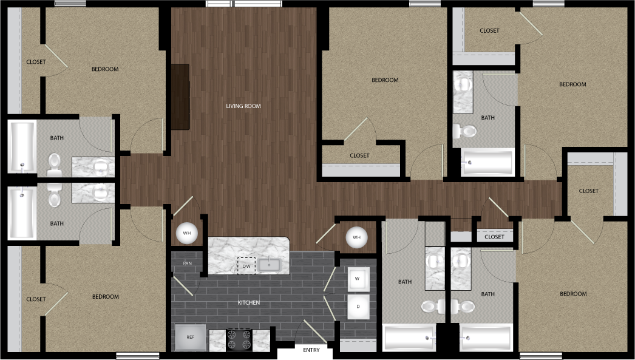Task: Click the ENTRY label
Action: pyautogui.click(x=311, y=350)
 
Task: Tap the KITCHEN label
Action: pyautogui.click(x=249, y=302)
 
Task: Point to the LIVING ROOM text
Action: pyautogui.click(x=243, y=106)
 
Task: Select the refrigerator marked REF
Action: pyautogui.click(x=191, y=338)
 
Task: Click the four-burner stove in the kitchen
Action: pyautogui.click(x=239, y=340)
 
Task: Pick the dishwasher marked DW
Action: pyautogui.click(x=246, y=266)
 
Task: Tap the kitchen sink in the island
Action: pyautogui.click(x=270, y=265)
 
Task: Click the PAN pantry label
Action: pyautogui.click(x=187, y=263)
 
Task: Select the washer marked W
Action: pyautogui.click(x=358, y=279)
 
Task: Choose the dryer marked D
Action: pyautogui.click(x=358, y=307)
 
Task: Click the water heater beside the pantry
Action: pyautogui.click(x=187, y=234)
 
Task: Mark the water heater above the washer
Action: pyautogui.click(x=356, y=237)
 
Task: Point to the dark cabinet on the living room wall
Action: pyautogui.click(x=180, y=97)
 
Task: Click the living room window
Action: pyautogui.click(x=244, y=4)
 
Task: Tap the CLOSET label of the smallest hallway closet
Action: pyautogui.click(x=495, y=237)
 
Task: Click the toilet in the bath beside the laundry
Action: pyautogui.click(x=432, y=307)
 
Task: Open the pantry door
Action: pyautogui.click(x=183, y=287)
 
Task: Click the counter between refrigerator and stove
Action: pyautogui.click(x=217, y=340)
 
